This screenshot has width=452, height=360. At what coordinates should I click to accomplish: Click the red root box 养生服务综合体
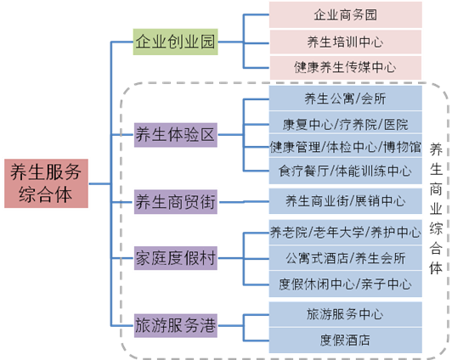pyautogui.click(x=46, y=183)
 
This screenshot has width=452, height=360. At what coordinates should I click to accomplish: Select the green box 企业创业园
pyautogui.click(x=175, y=42)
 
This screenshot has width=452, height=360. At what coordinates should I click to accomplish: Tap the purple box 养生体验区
pyautogui.click(x=176, y=135)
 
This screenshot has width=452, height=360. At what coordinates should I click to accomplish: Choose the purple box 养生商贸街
pyautogui.click(x=176, y=201)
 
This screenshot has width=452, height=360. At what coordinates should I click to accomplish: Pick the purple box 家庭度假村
pyautogui.click(x=176, y=258)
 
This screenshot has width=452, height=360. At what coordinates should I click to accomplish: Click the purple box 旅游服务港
pyautogui.click(x=176, y=325)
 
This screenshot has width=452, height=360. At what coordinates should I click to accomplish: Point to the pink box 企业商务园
pyautogui.click(x=345, y=14)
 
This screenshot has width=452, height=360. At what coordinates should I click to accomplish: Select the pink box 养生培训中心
pyautogui.click(x=345, y=42)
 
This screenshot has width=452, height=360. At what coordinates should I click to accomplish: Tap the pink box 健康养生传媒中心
pyautogui.click(x=345, y=67)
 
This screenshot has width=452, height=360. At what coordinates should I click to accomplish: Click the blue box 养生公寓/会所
pyautogui.click(x=345, y=98)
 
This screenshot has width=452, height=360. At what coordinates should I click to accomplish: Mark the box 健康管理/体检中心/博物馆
pyautogui.click(x=345, y=146)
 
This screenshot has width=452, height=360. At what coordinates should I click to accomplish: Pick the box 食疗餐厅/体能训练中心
pyautogui.click(x=345, y=171)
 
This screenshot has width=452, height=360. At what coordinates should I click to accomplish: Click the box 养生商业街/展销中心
pyautogui.click(x=345, y=201)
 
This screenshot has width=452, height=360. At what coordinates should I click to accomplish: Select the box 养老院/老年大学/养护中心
pyautogui.click(x=345, y=232)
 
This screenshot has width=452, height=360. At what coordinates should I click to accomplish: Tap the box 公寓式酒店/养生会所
pyautogui.click(x=345, y=258)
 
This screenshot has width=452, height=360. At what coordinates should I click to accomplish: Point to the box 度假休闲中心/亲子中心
pyautogui.click(x=345, y=284)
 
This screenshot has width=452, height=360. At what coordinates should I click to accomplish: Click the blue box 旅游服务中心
pyautogui.click(x=345, y=314)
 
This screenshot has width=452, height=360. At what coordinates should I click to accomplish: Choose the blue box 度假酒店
pyautogui.click(x=345, y=340)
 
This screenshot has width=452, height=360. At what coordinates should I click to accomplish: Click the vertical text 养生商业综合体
pyautogui.click(x=436, y=210)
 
